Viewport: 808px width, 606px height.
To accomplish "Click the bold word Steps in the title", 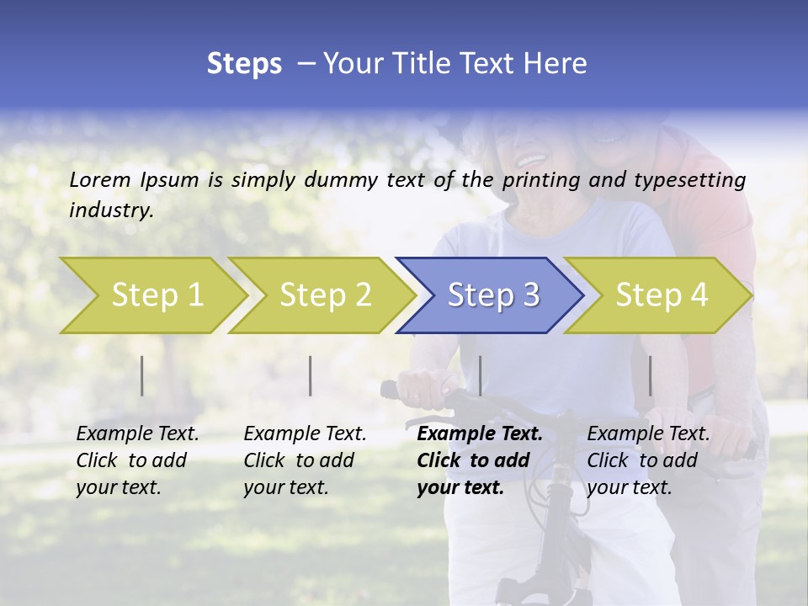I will point(244,64).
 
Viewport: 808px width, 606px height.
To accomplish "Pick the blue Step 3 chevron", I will point(493,295).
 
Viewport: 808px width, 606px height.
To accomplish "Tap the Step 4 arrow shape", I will point(662,295).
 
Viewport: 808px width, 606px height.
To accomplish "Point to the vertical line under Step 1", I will point(142,375).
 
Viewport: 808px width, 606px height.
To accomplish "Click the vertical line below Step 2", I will point(311,375).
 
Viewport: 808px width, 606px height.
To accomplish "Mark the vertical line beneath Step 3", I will point(480,375).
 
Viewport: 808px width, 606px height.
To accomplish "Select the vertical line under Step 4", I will point(650,375).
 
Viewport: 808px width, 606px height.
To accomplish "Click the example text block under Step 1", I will point(137,460).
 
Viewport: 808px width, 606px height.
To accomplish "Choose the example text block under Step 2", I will point(305,460).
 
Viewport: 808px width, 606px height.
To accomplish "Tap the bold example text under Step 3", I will point(479,460).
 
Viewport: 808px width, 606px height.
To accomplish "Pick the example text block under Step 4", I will point(648,460).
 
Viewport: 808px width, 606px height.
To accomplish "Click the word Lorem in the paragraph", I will point(99,179).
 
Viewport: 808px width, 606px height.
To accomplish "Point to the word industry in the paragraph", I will point(111,210).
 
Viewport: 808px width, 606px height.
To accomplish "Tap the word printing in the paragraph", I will point(542,180).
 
